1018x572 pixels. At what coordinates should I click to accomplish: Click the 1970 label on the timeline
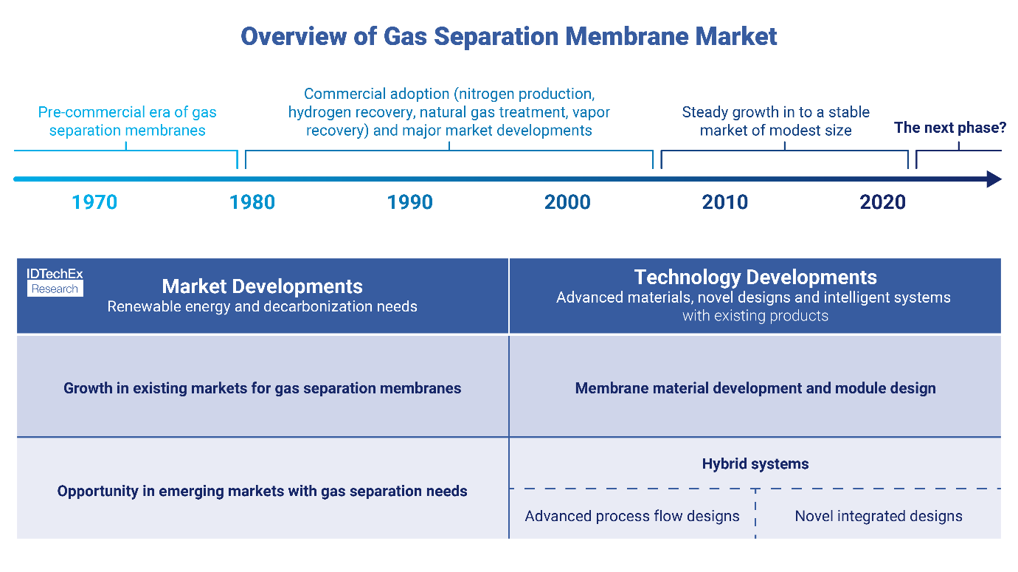point(94,202)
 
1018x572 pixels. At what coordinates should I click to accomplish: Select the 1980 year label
point(252,202)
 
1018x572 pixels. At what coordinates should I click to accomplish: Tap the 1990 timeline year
point(410,202)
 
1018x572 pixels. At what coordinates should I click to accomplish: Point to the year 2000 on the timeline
point(567,202)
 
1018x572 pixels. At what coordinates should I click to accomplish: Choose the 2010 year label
point(725,202)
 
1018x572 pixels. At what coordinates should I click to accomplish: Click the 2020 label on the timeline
point(882,202)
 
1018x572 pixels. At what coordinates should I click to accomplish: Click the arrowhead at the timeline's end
point(994,179)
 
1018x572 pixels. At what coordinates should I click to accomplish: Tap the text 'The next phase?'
point(950,128)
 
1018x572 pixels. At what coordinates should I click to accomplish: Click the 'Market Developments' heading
point(262,286)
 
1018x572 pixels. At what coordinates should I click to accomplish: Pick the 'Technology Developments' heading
point(755,278)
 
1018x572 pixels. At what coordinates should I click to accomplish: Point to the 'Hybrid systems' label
point(755,464)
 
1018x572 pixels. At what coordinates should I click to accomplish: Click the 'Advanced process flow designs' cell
point(632,516)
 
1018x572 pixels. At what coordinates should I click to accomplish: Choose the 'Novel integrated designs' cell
point(879,516)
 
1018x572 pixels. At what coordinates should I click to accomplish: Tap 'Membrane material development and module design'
point(755,388)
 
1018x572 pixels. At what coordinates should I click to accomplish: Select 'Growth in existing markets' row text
point(262,388)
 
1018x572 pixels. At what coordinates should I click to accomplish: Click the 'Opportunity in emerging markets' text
point(262,491)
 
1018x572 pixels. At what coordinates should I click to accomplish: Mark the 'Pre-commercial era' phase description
point(127,122)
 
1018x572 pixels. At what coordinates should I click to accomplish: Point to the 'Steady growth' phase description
point(775,122)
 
